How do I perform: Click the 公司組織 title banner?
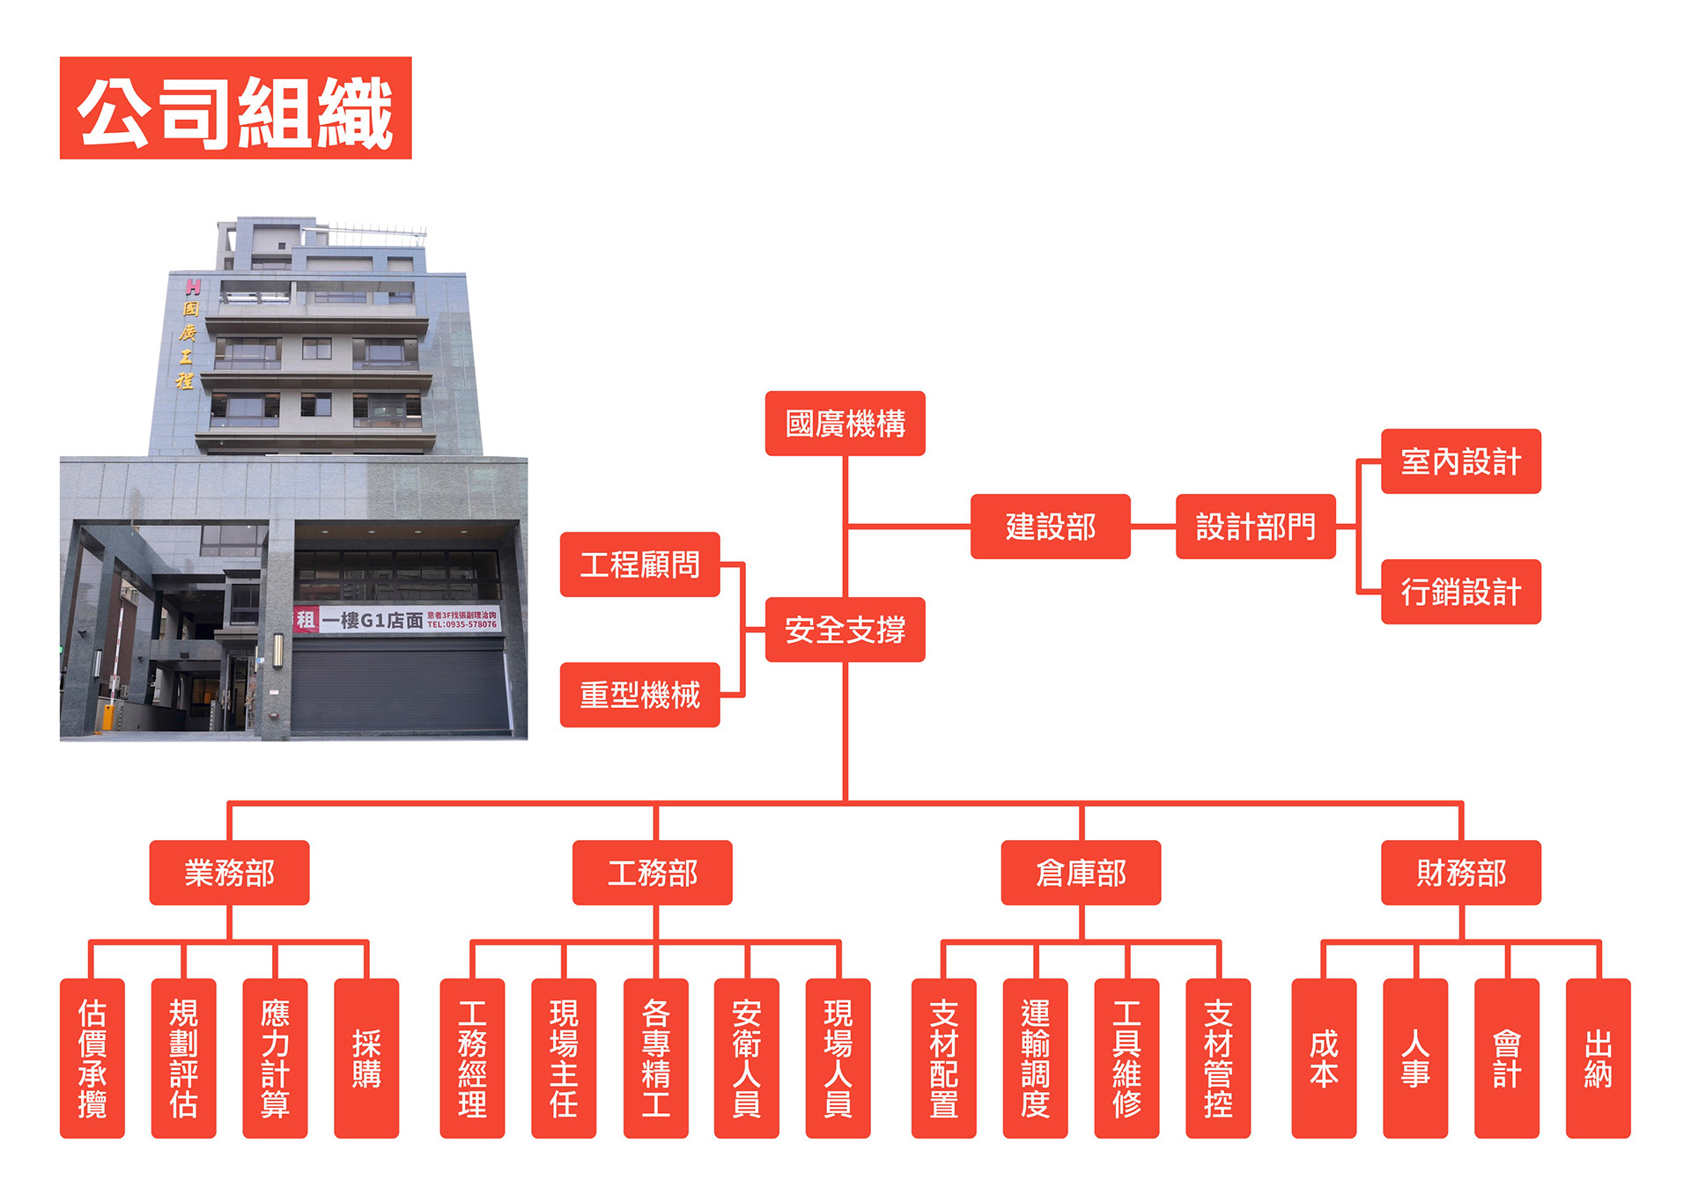tap(235, 108)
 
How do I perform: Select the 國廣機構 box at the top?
tap(845, 424)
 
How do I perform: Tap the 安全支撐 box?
tap(845, 630)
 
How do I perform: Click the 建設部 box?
tap(1050, 527)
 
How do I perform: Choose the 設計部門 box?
tap(1255, 527)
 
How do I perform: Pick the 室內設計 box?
tap(1460, 461)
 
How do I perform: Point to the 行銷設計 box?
tap(1460, 592)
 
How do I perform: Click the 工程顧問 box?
tap(639, 564)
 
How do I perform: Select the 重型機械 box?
tap(639, 695)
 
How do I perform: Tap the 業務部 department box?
tap(229, 873)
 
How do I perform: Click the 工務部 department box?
tap(652, 873)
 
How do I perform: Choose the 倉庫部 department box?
tap(1081, 873)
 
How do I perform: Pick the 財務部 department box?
tap(1460, 873)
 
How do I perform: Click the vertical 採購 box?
tap(366, 1058)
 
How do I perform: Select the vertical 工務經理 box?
tap(472, 1058)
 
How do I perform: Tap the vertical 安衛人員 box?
tap(746, 1058)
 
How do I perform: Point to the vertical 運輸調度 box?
tap(1035, 1058)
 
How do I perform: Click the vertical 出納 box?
tap(1598, 1058)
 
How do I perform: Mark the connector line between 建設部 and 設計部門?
tap(1153, 527)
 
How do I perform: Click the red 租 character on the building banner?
tap(305, 619)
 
